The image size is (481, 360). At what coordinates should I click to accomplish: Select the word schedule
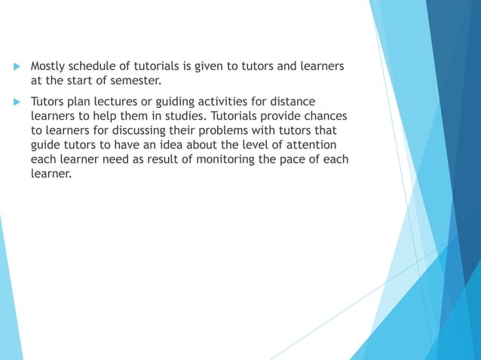tap(97, 67)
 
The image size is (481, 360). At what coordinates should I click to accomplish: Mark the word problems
tap(208, 130)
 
